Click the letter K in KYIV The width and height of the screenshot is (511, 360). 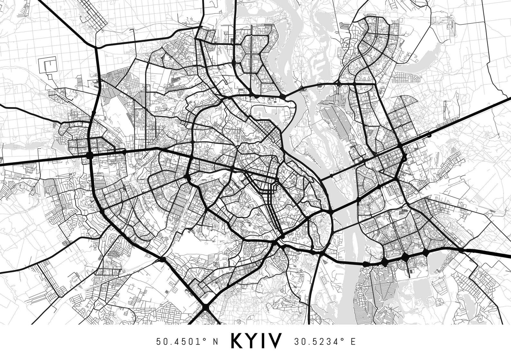[x=238, y=341]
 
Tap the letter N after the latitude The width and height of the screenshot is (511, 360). [x=216, y=341]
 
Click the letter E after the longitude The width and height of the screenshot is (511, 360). [x=353, y=341]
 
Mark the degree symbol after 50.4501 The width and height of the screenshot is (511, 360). [x=205, y=339]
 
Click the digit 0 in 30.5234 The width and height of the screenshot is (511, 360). [x=302, y=341]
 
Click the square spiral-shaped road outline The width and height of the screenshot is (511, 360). [x=48, y=66]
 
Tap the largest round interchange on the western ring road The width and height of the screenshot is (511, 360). [x=89, y=156]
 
